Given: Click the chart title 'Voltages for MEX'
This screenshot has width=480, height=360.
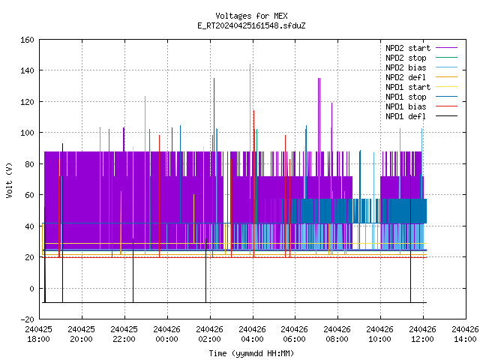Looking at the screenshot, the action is [251, 16].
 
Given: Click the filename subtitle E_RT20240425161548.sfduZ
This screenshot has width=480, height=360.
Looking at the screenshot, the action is [251, 25].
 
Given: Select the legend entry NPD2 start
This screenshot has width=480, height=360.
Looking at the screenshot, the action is [421, 48].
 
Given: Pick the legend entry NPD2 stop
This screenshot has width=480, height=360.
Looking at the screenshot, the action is [421, 58].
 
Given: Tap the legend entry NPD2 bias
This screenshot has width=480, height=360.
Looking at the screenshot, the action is [421, 67].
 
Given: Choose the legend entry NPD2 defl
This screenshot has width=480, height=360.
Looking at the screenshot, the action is [421, 77].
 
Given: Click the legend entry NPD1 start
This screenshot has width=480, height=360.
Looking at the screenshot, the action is [421, 87].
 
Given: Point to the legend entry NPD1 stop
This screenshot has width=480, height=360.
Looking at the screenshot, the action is [421, 97].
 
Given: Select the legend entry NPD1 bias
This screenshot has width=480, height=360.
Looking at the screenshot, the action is [421, 106].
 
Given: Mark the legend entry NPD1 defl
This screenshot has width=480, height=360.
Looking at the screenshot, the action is [421, 117].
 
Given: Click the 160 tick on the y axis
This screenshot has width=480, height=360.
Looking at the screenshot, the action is [27, 40].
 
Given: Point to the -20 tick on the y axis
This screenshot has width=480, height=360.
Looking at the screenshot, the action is [27, 319].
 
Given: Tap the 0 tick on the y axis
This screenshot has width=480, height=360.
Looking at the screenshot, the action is [31, 288].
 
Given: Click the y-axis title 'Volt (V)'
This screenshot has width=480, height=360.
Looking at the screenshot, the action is [10, 180].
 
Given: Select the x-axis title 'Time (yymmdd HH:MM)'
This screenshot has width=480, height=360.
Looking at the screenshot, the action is [251, 353].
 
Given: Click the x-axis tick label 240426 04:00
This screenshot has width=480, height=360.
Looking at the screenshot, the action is [252, 334].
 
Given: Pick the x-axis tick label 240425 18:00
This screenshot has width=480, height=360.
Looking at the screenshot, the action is [38, 334].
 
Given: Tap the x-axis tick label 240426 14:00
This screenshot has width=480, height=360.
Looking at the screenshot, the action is [465, 334].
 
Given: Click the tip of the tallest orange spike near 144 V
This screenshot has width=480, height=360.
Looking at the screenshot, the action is [250, 64].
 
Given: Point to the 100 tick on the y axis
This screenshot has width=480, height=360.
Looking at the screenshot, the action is [27, 133].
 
